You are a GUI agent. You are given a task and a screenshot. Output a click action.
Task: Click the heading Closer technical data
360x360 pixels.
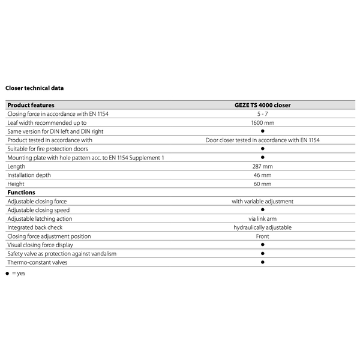[x=34, y=88]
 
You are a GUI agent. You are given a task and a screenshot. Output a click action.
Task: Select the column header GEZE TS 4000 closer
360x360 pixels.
[x=262, y=105]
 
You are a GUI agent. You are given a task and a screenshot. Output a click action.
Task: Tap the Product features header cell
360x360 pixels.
[x=31, y=105]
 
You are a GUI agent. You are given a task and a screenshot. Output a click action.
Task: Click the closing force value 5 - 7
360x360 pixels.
[x=262, y=113]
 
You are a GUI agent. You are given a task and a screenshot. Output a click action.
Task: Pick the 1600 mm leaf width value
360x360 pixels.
[x=262, y=122]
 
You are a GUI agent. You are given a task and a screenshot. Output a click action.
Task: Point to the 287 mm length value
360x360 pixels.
[x=262, y=166]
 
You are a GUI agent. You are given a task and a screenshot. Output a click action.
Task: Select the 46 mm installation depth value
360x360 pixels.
[x=262, y=175]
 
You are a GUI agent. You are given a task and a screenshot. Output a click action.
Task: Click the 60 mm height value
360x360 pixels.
[x=262, y=184]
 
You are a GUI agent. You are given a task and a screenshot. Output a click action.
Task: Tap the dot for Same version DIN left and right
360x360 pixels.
[x=262, y=131]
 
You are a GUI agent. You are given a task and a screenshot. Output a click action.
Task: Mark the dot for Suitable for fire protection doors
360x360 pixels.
[x=262, y=148]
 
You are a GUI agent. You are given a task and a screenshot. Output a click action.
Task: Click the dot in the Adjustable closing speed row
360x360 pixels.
[x=262, y=210]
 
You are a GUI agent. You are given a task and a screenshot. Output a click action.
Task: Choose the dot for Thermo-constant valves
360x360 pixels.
[x=262, y=262]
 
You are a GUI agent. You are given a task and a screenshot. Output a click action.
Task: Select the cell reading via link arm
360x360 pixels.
[x=262, y=219]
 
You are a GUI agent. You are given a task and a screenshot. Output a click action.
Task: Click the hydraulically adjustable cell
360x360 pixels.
[x=262, y=227]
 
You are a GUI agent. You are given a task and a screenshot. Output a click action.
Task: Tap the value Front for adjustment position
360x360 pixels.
[x=262, y=236]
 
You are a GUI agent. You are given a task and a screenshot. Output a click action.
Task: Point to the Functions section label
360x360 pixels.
[x=21, y=193]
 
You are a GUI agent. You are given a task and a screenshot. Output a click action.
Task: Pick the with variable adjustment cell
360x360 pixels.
[x=262, y=202]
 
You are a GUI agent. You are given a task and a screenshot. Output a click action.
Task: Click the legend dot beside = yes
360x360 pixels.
[x=7, y=274]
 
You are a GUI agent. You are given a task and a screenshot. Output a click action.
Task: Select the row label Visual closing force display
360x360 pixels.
[x=40, y=245]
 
